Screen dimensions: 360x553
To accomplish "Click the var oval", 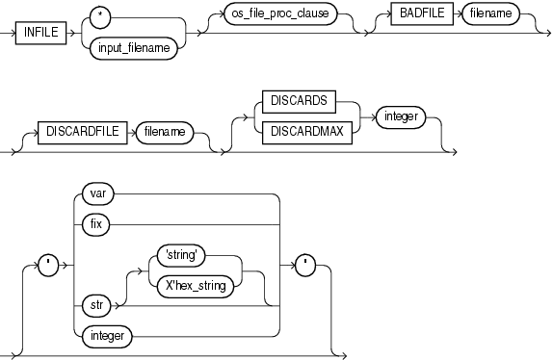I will pyautogui.click(x=97, y=193).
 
